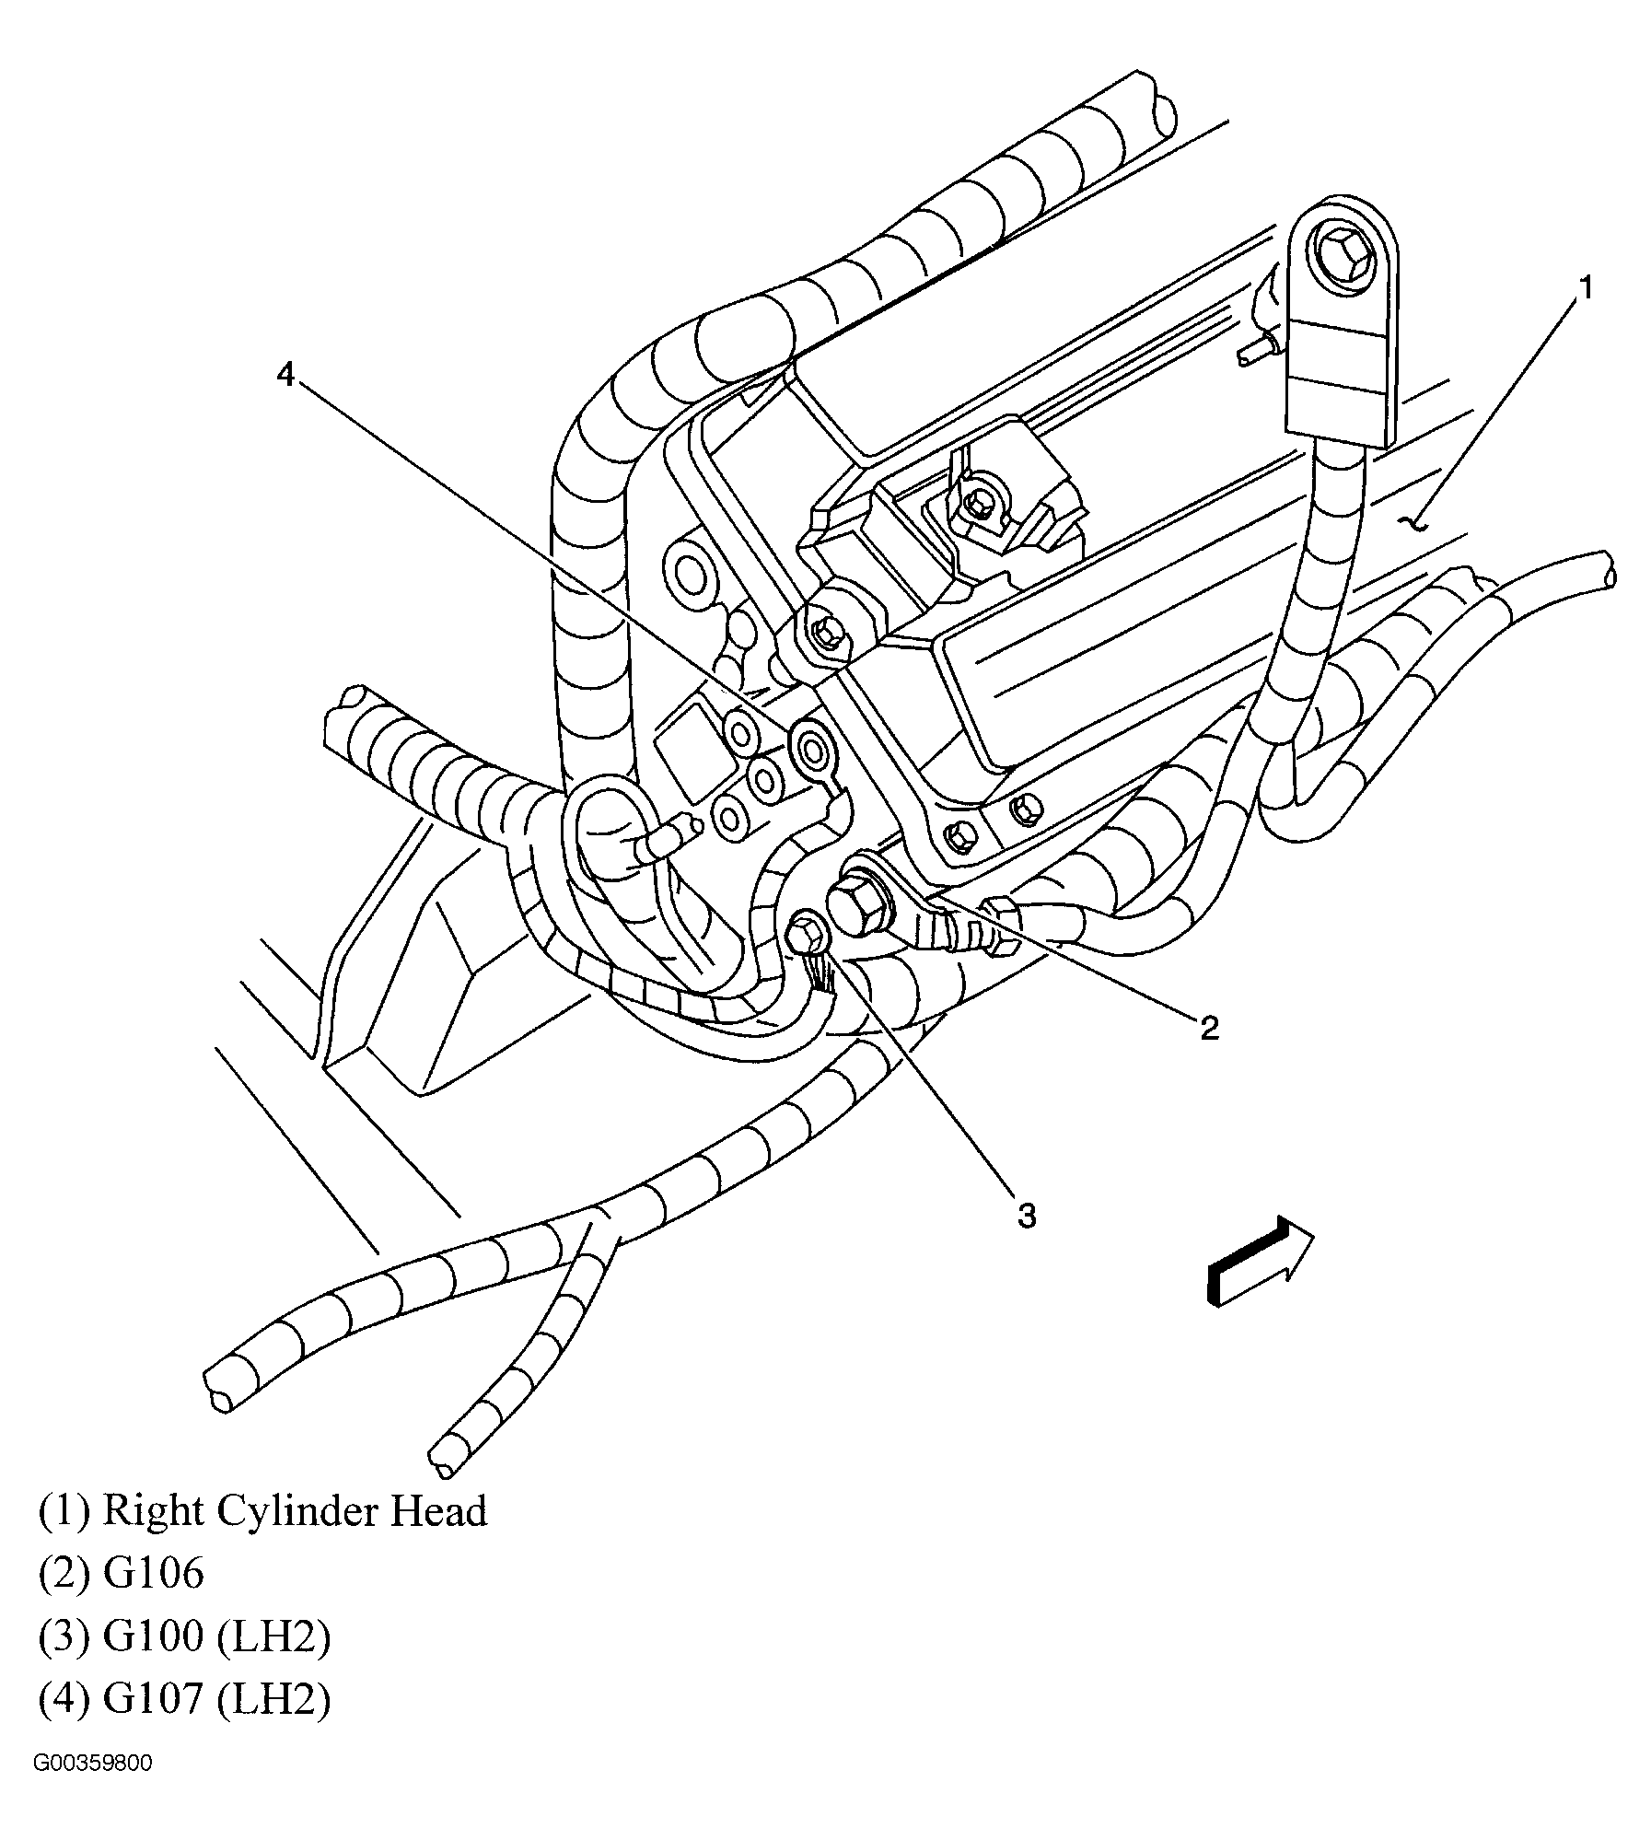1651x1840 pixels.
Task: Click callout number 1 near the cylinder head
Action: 1584,288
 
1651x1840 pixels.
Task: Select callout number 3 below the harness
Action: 1026,1216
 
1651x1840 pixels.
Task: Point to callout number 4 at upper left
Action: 285,375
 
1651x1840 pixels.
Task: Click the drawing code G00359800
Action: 92,1789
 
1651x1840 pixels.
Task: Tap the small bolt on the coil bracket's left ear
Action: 826,631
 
